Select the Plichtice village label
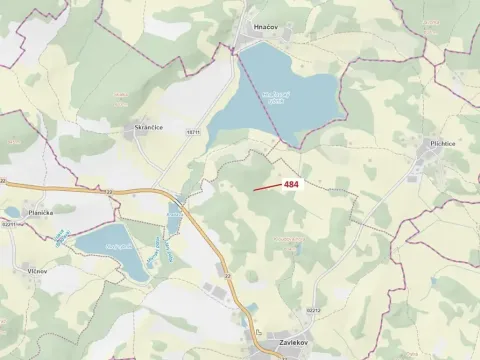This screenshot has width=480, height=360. [x=444, y=144]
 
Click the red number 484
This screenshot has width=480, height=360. [x=291, y=184]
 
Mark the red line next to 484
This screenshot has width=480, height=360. [x=266, y=186]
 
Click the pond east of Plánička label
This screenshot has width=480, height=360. [x=104, y=241]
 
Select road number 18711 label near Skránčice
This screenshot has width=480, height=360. [x=193, y=131]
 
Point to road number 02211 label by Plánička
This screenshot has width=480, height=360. [x=11, y=225]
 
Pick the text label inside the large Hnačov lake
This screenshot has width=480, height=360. [x=275, y=97]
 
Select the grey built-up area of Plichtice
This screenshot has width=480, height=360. [x=430, y=160]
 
